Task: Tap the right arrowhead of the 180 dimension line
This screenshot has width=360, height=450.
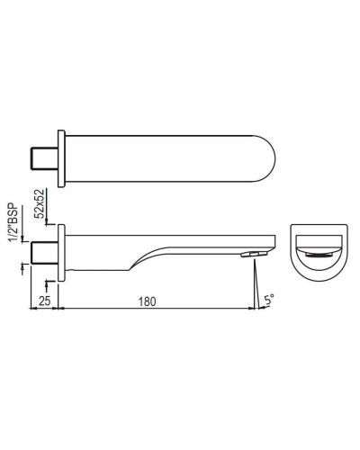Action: [x=249, y=310]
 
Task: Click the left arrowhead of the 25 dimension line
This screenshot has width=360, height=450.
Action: [x=35, y=310]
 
